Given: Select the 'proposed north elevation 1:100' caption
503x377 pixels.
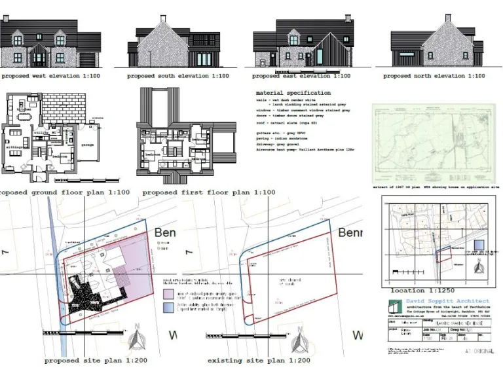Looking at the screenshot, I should pos(434,76).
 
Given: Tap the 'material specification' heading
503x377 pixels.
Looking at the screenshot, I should pos(293,94).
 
